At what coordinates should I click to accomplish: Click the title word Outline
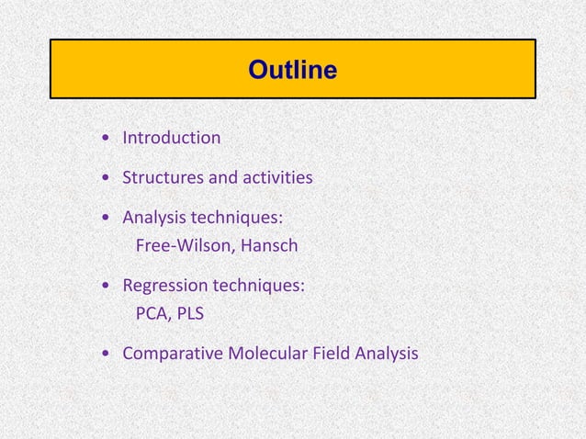tap(292, 70)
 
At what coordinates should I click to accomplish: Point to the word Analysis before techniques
tap(153, 219)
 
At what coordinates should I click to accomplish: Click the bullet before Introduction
tap(109, 139)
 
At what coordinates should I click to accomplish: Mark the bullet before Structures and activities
tap(109, 177)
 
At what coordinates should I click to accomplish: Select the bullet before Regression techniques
tap(109, 287)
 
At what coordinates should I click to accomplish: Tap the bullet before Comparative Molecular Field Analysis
tap(109, 354)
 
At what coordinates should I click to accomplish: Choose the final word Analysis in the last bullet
tap(388, 353)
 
